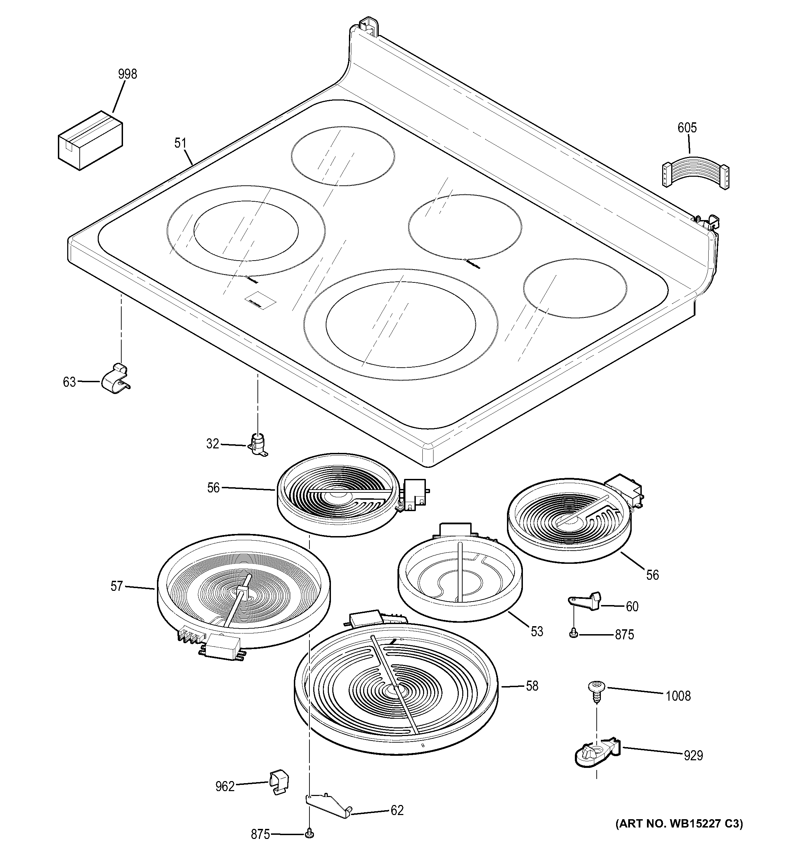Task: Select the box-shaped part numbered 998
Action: pyautogui.click(x=90, y=140)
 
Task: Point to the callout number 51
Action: pyautogui.click(x=180, y=143)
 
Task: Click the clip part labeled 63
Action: pyautogui.click(x=116, y=380)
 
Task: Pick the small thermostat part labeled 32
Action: pyautogui.click(x=258, y=444)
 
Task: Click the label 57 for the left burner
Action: pyautogui.click(x=116, y=586)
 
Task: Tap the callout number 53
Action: pyautogui.click(x=536, y=631)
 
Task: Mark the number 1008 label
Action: pyautogui.click(x=678, y=696)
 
